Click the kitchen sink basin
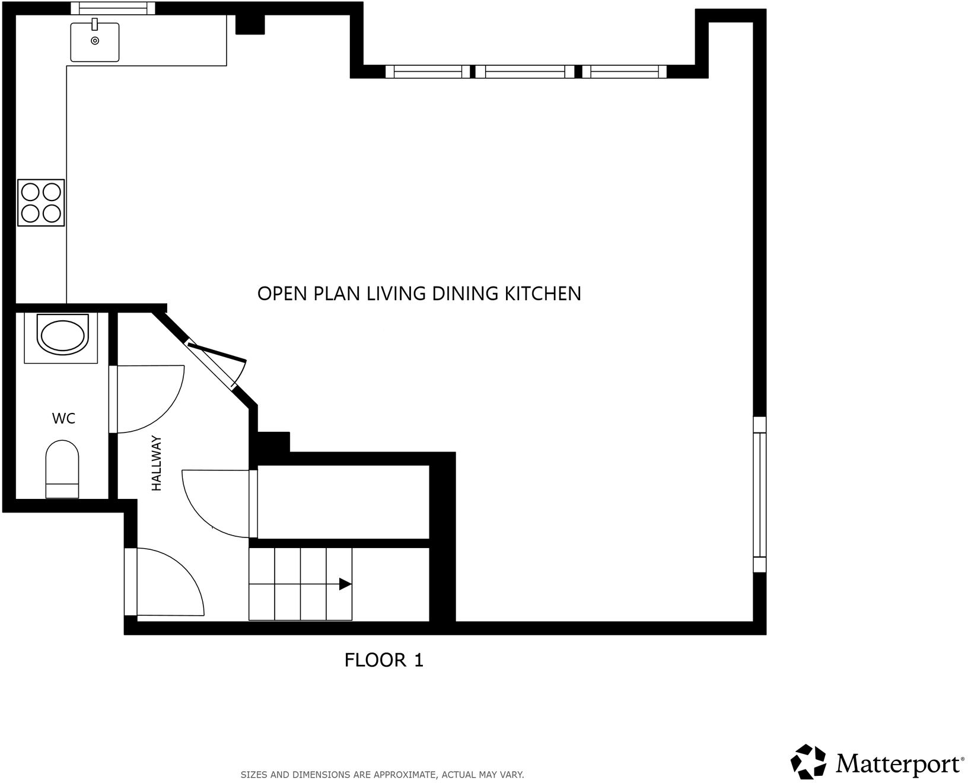pos(95,42)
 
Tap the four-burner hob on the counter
pos(41,202)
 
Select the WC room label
pos(63,419)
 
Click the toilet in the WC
pos(62,469)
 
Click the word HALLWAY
pos(157,463)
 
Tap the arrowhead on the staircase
pos(345,584)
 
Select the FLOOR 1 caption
pos(384,660)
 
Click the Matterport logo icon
pos(808,762)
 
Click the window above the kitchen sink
pos(113,8)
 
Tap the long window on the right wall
pos(759,494)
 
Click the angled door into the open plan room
pos(217,362)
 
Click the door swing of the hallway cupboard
pos(214,501)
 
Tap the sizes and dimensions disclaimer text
pos(382,775)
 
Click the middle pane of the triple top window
pos(524,72)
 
